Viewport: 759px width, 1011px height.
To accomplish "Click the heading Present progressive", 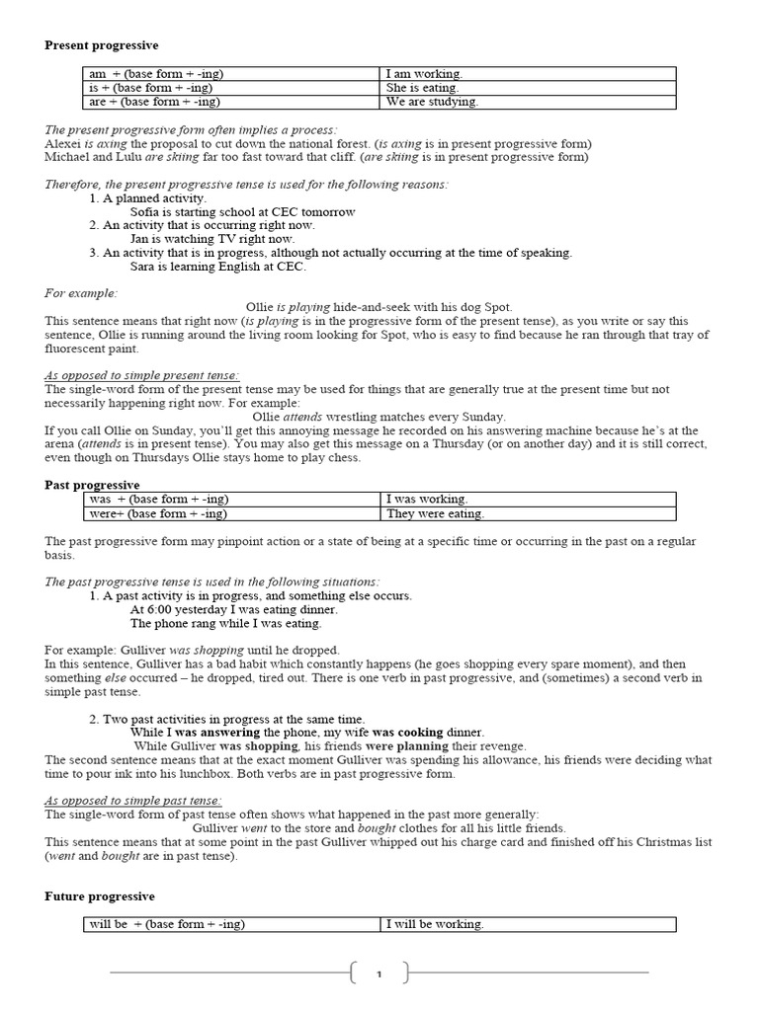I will point(102,45).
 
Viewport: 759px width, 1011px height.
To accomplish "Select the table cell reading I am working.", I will point(424,74).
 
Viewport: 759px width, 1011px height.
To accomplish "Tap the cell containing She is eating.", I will point(422,88).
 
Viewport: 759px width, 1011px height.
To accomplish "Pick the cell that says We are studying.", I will point(432,102).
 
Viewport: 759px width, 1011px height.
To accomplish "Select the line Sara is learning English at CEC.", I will point(218,267).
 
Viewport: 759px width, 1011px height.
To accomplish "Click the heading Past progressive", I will point(93,485).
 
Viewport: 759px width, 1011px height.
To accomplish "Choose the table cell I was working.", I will point(427,500).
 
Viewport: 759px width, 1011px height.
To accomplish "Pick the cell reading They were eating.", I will point(435,513).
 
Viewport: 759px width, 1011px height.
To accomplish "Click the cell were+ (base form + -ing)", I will point(158,513).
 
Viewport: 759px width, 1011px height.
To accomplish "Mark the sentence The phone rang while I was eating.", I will point(225,623).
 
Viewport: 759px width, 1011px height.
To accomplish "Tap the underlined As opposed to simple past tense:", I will point(133,801).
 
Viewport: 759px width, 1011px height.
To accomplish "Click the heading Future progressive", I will point(100,896).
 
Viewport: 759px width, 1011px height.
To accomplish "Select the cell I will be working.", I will point(435,924).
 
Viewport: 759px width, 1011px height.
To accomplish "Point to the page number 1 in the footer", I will point(379,974).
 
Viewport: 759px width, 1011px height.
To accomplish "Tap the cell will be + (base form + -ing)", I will point(167,924).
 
